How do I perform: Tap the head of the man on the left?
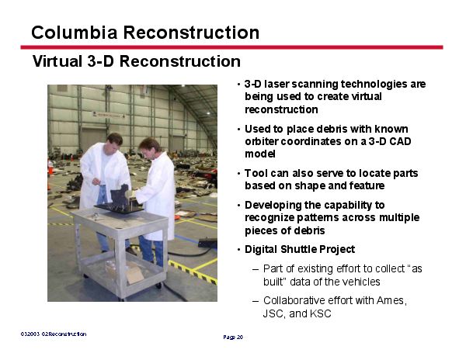(x=114, y=141)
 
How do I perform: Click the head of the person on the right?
(x=148, y=146)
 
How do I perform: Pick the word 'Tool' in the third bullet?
(x=256, y=173)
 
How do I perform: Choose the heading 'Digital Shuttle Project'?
(x=300, y=249)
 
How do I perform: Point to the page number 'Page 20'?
(x=233, y=337)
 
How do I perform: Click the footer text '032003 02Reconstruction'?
(x=53, y=334)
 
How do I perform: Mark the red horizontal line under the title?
(x=233, y=47)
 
